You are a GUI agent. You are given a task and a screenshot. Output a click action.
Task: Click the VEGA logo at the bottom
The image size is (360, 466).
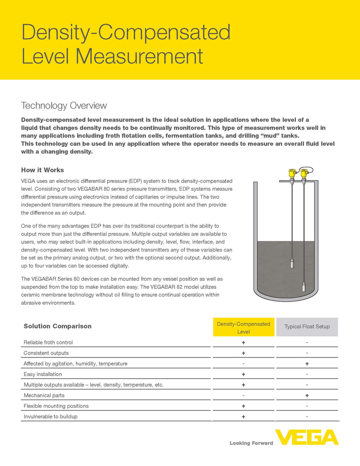coord(307,437)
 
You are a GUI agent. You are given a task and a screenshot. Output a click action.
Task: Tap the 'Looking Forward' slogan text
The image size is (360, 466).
coord(251,443)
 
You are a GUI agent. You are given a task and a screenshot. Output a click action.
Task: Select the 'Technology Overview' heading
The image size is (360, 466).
coord(64,106)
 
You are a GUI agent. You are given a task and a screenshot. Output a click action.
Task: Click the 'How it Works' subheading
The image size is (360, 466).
coord(42,170)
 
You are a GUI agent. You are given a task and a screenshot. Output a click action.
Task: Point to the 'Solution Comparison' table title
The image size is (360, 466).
coord(57,326)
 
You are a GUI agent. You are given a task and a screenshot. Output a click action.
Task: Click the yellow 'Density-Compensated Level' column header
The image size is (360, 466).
coord(243,327)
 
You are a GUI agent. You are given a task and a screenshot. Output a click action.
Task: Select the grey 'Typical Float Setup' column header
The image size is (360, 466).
coord(307,327)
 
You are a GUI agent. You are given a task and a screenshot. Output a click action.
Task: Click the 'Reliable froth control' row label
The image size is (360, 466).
coord(48,343)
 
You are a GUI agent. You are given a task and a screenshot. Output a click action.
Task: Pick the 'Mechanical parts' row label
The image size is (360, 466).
coord(44,395)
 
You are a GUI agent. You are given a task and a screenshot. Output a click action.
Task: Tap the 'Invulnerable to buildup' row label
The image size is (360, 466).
coord(50,417)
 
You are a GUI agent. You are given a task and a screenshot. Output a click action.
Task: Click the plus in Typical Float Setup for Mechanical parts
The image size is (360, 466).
coord(307,395)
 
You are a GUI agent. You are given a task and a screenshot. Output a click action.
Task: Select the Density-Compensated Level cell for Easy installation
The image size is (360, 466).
coord(243,374)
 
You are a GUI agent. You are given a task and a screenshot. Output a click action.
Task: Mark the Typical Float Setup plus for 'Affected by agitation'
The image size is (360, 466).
coord(307,364)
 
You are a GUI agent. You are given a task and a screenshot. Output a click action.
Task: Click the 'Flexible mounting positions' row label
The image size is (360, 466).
coord(56,406)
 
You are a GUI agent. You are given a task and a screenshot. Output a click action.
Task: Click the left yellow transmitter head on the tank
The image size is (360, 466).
coord(292,173)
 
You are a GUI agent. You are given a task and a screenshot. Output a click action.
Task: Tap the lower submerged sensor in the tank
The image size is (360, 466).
coord(304,287)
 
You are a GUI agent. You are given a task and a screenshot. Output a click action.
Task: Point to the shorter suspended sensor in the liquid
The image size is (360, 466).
coord(292,264)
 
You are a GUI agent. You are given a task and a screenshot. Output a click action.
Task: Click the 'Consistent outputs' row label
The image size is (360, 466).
coord(46,353)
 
